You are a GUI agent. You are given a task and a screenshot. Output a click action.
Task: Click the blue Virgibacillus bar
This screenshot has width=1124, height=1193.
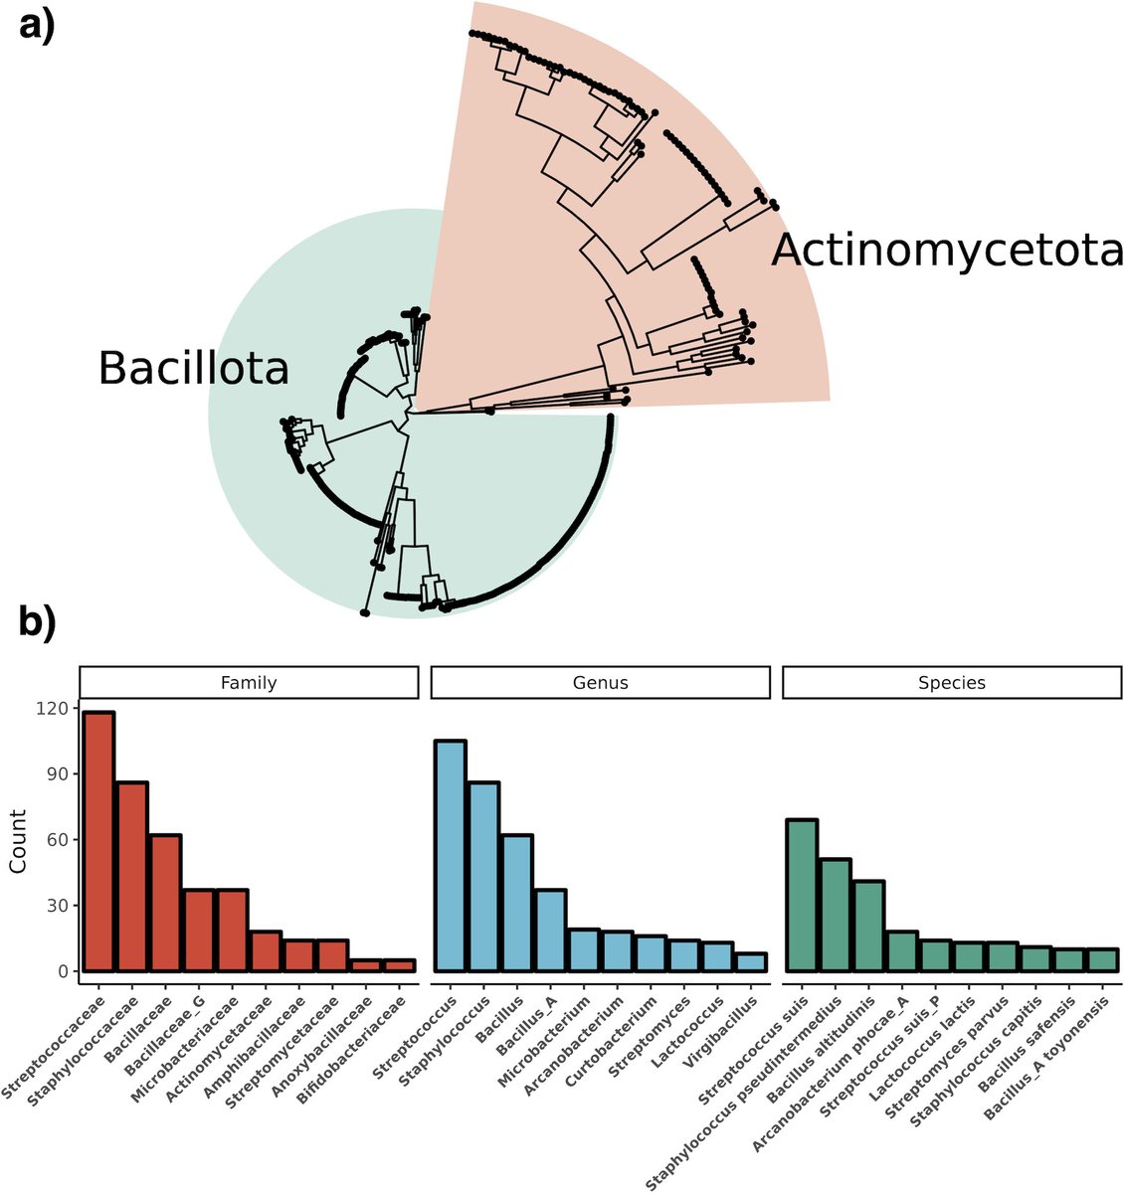pyautogui.click(x=752, y=961)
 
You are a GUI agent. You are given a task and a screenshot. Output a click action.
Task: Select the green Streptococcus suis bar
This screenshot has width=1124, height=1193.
pyautogui.click(x=802, y=895)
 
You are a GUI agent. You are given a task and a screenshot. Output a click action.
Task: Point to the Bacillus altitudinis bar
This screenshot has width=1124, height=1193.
pyautogui.click(x=868, y=926)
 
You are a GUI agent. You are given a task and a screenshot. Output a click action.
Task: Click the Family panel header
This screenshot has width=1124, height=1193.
pyautogui.click(x=248, y=683)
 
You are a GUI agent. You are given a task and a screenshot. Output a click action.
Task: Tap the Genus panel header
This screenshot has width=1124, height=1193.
pyautogui.click(x=600, y=683)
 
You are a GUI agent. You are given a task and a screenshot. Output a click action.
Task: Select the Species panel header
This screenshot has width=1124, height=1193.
pyautogui.click(x=952, y=683)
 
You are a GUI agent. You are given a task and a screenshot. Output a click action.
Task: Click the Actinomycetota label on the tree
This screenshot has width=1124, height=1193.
pyautogui.click(x=947, y=251)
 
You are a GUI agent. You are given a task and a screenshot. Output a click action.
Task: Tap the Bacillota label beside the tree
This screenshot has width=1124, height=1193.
pyautogui.click(x=193, y=369)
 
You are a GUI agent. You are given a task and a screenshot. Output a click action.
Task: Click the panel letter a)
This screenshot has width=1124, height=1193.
pyautogui.click(x=37, y=22)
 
